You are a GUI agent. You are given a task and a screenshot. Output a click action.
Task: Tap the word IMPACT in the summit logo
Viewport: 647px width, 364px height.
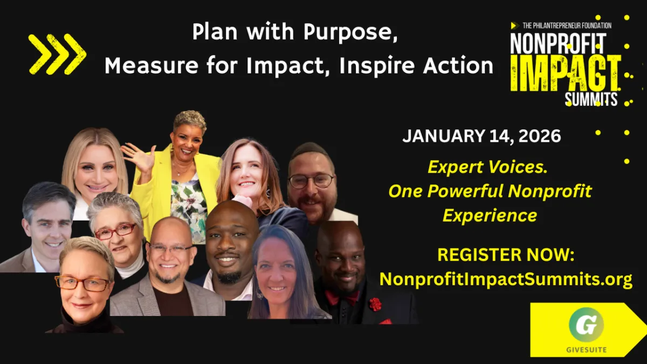click(566, 73)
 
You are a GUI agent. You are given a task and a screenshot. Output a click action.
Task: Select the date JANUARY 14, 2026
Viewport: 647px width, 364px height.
click(481, 136)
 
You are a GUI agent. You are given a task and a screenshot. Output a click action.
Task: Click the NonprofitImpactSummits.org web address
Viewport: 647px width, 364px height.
click(506, 279)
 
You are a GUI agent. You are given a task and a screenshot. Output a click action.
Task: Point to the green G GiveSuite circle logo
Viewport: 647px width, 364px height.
click(587, 325)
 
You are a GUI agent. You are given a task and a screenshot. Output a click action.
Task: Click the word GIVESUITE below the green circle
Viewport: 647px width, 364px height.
click(587, 350)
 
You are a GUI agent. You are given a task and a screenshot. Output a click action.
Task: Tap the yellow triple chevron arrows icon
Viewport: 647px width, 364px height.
click(57, 54)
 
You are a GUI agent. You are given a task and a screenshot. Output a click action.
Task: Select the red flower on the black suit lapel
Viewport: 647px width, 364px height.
click(375, 305)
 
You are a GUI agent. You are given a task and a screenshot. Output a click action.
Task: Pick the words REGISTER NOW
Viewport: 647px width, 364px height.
click(506, 255)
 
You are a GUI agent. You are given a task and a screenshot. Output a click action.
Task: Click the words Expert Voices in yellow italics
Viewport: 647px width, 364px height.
click(487, 167)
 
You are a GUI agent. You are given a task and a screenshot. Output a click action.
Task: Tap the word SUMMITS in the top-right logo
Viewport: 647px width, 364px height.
click(591, 99)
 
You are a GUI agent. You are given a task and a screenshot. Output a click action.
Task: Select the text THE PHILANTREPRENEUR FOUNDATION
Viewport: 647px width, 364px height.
click(567, 26)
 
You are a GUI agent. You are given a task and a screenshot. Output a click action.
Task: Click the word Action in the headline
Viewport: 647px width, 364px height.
click(458, 65)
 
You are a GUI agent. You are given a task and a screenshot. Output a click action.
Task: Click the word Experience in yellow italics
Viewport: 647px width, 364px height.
click(490, 215)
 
